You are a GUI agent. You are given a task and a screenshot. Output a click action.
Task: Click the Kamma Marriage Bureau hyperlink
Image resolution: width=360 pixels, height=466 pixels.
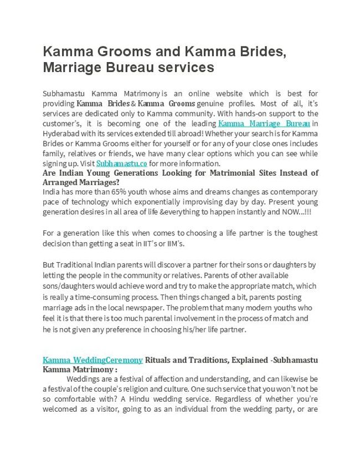pyautogui.click(x=264, y=123)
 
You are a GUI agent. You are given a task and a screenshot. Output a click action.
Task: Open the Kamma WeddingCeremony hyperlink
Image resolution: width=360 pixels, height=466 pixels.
pyautogui.click(x=93, y=360)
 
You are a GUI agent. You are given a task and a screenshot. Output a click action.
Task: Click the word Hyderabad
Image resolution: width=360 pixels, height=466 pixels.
pyautogui.click(x=63, y=134)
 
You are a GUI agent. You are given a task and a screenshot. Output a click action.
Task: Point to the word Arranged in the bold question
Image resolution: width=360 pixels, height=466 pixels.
pyautogui.click(x=62, y=182)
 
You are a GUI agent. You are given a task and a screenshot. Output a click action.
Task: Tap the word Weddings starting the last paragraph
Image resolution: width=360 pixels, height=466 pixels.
pyautogui.click(x=84, y=380)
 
